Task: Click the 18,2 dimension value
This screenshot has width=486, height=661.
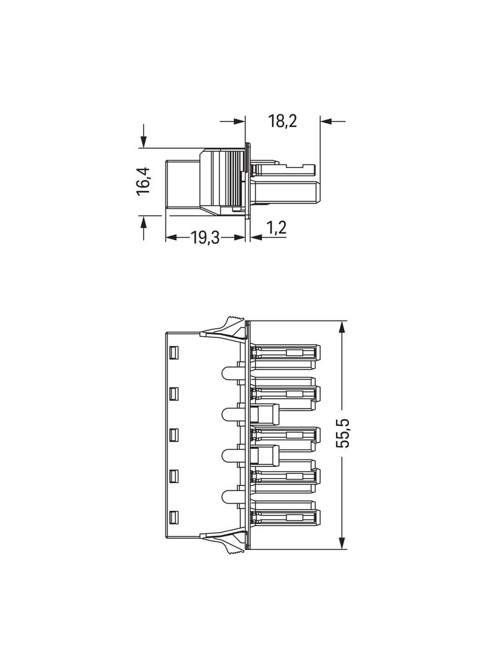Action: coord(283,121)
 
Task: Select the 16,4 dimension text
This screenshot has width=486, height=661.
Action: coord(143,181)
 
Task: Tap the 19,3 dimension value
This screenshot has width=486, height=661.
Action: coord(205,238)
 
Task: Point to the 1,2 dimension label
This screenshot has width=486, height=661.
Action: coord(276,228)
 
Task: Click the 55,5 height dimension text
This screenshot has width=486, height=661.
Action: coord(345,433)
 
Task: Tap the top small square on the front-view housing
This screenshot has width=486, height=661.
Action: coord(174,352)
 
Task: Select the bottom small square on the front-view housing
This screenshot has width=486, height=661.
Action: coord(174,517)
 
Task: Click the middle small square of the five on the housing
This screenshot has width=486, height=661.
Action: coord(174,435)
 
